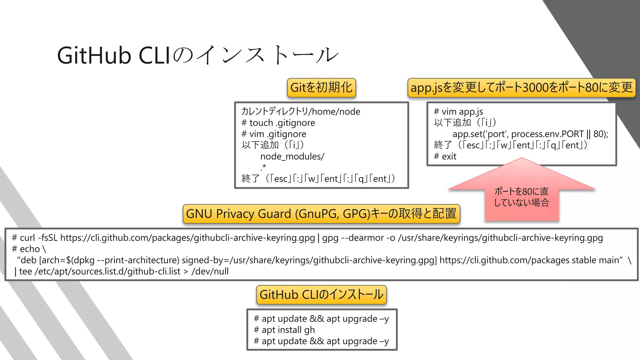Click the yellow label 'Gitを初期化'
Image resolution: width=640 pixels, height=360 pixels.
pos(321,87)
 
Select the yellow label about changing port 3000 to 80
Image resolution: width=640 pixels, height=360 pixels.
pos(521,87)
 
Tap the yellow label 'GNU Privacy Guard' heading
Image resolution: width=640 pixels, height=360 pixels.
pos(321,214)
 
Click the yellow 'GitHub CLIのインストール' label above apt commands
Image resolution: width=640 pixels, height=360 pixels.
pos(321,295)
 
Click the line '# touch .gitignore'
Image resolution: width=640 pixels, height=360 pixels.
pos(278,123)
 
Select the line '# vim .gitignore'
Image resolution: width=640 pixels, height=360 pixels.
pos(274,134)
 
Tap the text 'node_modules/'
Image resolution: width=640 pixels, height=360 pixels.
pos(292,156)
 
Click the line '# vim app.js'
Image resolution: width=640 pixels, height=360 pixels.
pos(458,112)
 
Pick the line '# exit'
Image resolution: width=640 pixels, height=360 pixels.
pos(445,156)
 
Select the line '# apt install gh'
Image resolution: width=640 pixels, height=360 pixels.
pos(284,330)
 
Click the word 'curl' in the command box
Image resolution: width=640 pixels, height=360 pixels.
pos(27,238)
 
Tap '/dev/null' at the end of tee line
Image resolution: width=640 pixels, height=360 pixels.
pos(210,271)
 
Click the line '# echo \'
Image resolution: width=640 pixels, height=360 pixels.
pos(29,249)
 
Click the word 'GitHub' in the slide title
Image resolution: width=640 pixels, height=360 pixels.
pos(94,56)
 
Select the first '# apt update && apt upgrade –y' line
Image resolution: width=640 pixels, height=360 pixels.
pos(321,319)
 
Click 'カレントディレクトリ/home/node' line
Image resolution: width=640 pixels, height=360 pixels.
pos(301,112)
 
